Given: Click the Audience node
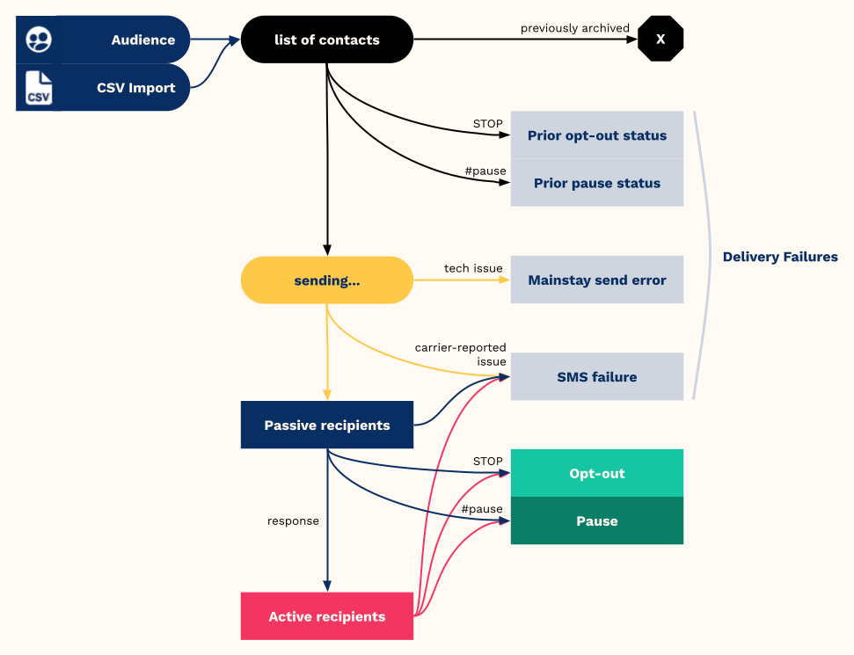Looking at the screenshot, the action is click(x=103, y=40).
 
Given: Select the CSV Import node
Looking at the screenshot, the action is click(x=103, y=87).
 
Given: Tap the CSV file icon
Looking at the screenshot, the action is click(x=39, y=88).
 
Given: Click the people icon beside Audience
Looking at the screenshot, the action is click(x=39, y=40).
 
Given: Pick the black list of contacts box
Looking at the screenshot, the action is click(x=327, y=40).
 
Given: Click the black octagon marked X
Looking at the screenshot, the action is click(x=661, y=39).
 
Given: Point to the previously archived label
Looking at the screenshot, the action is click(x=574, y=28).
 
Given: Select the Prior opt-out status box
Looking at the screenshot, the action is click(x=597, y=135).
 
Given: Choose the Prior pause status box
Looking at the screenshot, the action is click(x=597, y=183).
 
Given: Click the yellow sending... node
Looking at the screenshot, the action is click(x=327, y=280).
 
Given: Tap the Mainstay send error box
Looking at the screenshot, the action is click(x=597, y=280).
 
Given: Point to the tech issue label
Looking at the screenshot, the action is click(x=473, y=268).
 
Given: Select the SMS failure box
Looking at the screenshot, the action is click(x=597, y=376).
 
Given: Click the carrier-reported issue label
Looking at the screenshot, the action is click(x=460, y=354).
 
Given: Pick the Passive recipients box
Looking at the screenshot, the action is click(x=327, y=425).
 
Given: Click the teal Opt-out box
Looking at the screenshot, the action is click(x=597, y=473).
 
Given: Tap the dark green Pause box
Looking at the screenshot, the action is click(x=597, y=520).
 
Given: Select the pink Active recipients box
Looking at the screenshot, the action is click(x=327, y=615).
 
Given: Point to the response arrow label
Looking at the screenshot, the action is click(x=293, y=521).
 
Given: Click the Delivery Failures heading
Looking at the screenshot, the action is click(x=780, y=257).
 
